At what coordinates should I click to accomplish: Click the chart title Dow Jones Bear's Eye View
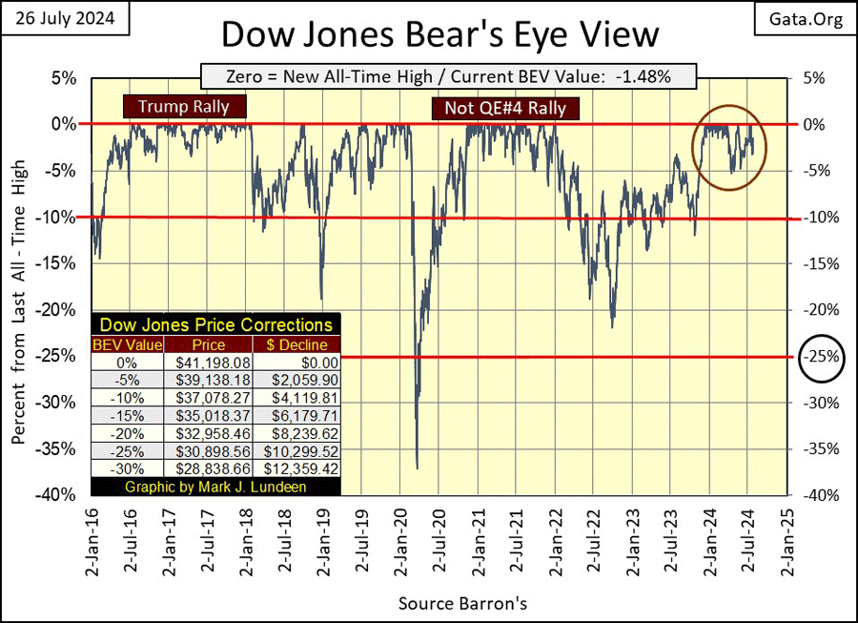click(x=439, y=35)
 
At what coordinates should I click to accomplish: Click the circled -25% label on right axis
click(x=823, y=358)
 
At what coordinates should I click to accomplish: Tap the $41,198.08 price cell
click(x=208, y=363)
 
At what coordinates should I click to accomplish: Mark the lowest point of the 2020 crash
click(x=417, y=467)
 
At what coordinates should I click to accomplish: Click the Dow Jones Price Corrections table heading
click(x=216, y=325)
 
